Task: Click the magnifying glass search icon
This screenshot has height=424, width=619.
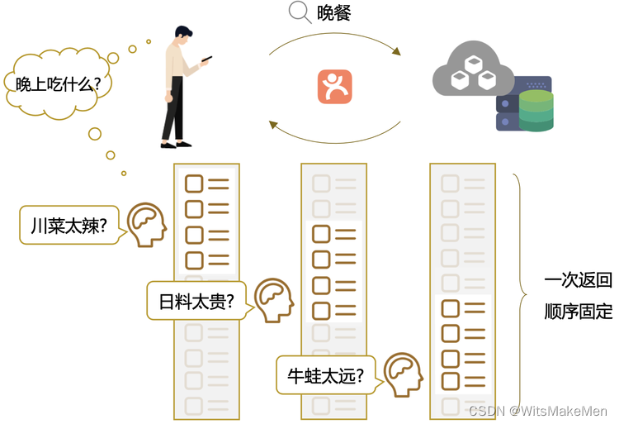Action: (x=298, y=13)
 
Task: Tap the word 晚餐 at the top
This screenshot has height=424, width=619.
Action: (x=335, y=14)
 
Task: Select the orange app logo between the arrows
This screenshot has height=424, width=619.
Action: (x=334, y=87)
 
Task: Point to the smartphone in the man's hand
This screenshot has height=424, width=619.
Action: (x=206, y=60)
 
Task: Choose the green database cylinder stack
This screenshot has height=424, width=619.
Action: (x=536, y=111)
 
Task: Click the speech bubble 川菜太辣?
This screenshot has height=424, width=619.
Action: (x=69, y=226)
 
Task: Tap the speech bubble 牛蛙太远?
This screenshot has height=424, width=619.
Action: (x=325, y=375)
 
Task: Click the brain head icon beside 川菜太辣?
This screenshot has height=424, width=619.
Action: (x=147, y=224)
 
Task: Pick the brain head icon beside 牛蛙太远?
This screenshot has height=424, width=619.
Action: (x=404, y=374)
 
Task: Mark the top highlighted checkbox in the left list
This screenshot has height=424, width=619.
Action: (x=194, y=183)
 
